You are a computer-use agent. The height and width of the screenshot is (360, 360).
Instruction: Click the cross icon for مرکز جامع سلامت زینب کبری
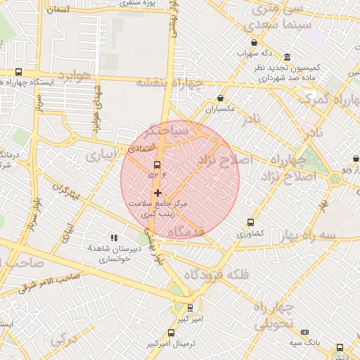(157, 192)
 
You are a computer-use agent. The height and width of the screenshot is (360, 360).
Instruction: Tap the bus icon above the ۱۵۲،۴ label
(156, 165)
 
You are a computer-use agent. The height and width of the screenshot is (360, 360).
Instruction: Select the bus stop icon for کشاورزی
(250, 223)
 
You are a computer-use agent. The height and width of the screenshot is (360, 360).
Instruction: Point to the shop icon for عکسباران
(221, 98)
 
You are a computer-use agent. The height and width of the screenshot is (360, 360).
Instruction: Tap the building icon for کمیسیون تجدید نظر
(287, 57)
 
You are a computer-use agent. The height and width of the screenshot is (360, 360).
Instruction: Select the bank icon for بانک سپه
(304, 332)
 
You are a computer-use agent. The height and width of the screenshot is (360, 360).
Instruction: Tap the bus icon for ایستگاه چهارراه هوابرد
(18, 72)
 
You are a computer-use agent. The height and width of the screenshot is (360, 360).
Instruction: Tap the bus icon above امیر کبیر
(190, 307)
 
